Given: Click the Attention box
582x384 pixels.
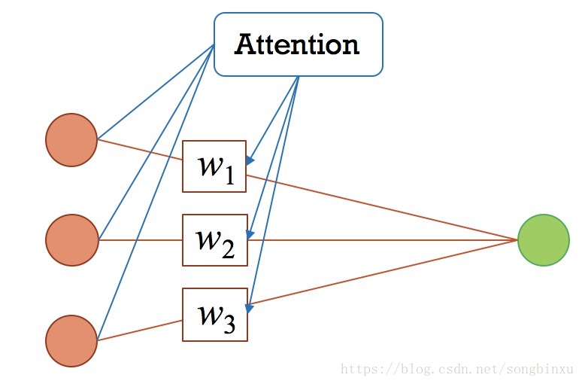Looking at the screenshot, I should [x=298, y=44].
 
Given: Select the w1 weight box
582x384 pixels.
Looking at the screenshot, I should [x=214, y=166].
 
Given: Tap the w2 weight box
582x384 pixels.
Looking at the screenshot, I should [x=214, y=240].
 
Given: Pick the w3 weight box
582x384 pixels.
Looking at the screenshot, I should [x=214, y=314].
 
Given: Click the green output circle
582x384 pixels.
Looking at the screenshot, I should [x=543, y=240].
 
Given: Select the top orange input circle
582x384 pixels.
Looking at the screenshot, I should [x=71, y=139].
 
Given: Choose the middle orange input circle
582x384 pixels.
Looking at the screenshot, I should [x=71, y=240].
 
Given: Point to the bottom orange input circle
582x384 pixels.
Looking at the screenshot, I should [x=71, y=340].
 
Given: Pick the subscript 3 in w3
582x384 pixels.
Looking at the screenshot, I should [x=229, y=324].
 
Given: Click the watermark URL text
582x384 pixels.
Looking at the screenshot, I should [x=457, y=370].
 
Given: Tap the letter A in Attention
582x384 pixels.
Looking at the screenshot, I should [x=244, y=44].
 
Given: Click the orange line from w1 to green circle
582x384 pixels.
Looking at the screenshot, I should [x=383, y=209].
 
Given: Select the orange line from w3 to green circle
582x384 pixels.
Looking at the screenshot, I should [x=383, y=273].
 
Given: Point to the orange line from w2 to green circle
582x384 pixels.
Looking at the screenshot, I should [x=383, y=240].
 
